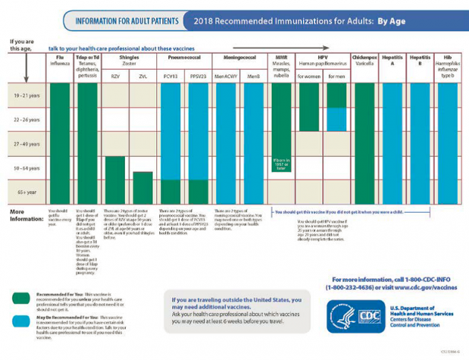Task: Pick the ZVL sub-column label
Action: [x=143, y=76]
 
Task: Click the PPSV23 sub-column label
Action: [x=198, y=76]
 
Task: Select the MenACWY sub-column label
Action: [x=226, y=76]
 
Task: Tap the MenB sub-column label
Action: [x=254, y=76]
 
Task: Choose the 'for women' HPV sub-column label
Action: [x=309, y=76]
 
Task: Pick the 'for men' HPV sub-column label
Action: [x=336, y=76]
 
